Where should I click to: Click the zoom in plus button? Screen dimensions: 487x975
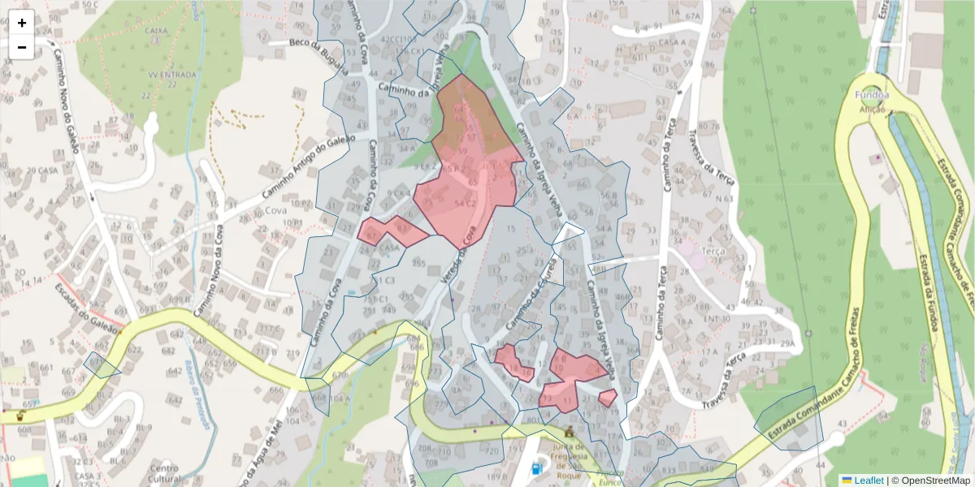pyautogui.click(x=22, y=23)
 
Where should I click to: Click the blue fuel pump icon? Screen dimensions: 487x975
pyautogui.click(x=536, y=468)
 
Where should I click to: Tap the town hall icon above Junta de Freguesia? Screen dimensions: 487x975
pyautogui.click(x=569, y=431)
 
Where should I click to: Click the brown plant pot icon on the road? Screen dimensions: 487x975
pyautogui.click(x=20, y=416)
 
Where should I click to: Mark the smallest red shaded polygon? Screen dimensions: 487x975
pyautogui.click(x=608, y=398)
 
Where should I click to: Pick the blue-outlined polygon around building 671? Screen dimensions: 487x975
pyautogui.click(x=102, y=366)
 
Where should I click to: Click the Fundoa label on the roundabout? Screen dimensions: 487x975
pyautogui.click(x=872, y=95)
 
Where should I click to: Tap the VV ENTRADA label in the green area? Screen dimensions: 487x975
pyautogui.click(x=172, y=75)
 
